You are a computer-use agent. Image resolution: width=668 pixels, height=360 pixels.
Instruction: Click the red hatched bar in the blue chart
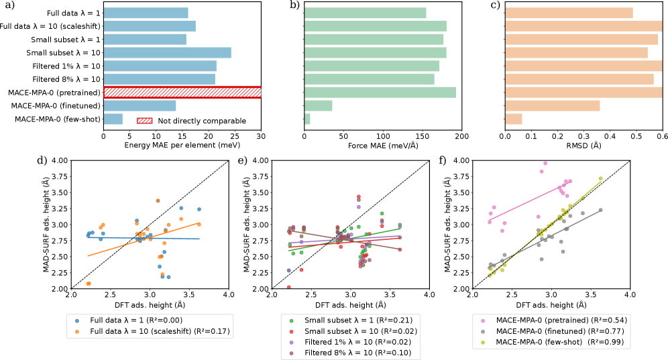(182, 93)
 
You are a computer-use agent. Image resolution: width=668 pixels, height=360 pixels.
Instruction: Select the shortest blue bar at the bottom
(113, 119)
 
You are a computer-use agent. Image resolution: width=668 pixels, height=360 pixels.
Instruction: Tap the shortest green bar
(307, 119)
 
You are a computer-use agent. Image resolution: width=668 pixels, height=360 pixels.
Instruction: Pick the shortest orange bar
(514, 119)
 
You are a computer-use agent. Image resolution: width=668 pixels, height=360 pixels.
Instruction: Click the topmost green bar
(366, 13)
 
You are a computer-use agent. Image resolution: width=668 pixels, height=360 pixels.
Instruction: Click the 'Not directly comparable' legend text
(202, 121)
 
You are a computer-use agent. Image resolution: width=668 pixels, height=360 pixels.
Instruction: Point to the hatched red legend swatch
(144, 121)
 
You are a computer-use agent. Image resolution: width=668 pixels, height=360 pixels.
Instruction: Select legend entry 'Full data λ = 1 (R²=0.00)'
(136, 320)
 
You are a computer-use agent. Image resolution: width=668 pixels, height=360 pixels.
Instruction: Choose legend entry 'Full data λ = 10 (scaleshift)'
(160, 331)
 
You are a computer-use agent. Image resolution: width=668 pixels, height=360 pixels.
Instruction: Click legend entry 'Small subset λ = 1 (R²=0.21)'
(358, 320)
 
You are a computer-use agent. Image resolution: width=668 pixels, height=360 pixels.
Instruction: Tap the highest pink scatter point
(545, 163)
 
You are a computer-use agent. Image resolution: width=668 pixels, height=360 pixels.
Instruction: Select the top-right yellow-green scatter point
(600, 178)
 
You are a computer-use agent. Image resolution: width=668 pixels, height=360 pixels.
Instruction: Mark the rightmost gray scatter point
(600, 210)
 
